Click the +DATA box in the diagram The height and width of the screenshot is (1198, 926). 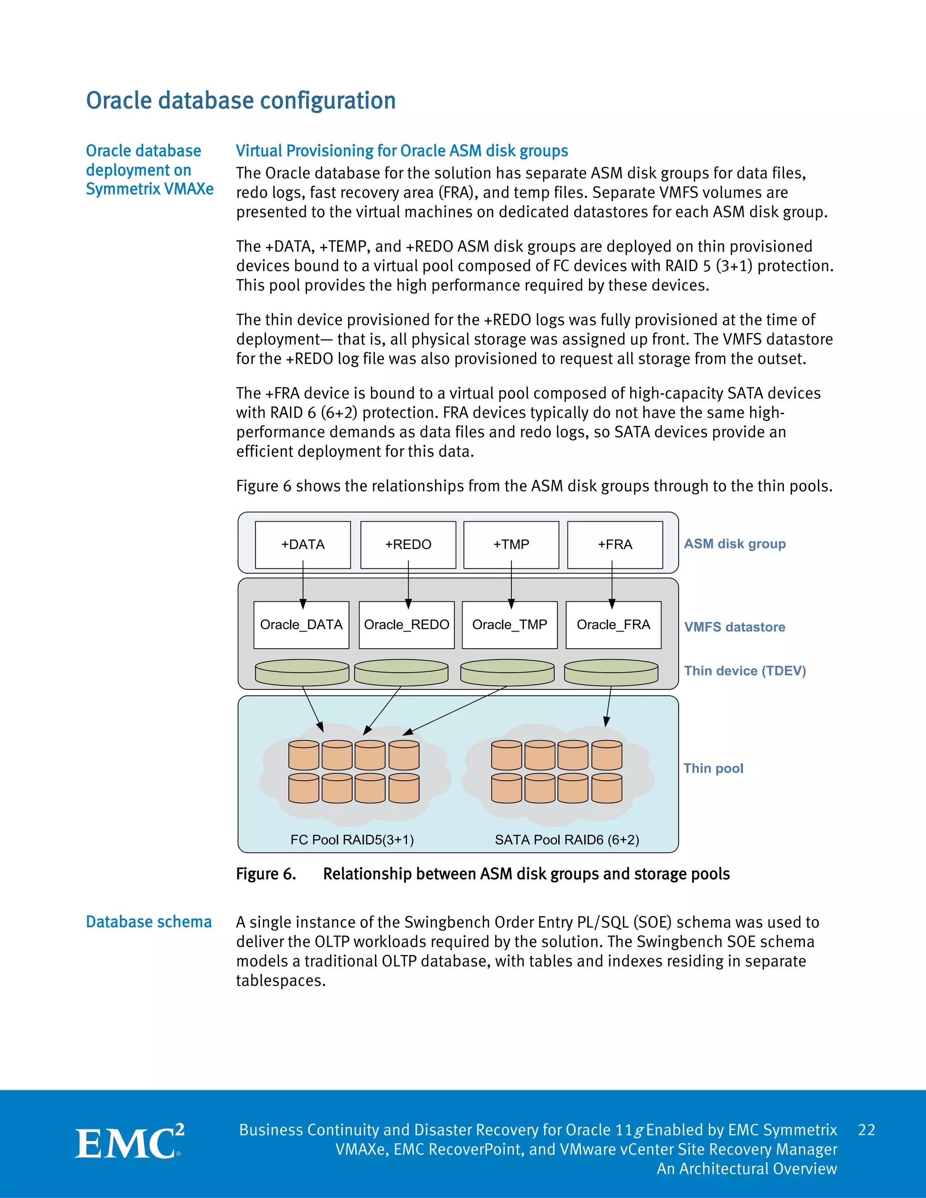303,544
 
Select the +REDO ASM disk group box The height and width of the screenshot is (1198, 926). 408,544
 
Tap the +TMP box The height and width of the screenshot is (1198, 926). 511,544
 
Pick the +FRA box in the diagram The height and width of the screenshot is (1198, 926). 615,544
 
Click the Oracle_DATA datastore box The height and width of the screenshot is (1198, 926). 301,625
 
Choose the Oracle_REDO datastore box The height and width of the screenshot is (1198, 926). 406,625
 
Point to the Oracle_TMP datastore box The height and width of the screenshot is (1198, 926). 510,625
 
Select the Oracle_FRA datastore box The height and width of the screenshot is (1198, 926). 613,625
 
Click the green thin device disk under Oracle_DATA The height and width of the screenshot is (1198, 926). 302,673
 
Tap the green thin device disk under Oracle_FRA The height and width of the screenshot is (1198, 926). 611,673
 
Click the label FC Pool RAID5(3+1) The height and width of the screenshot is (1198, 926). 352,840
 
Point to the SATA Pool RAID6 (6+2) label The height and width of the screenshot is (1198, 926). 567,840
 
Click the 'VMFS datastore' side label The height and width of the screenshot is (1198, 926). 735,627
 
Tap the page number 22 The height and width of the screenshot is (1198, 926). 866,1130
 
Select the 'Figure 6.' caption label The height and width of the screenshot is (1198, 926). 266,874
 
